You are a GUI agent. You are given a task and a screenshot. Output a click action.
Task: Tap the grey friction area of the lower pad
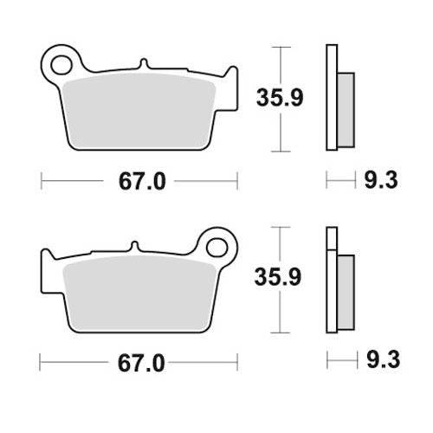coord(139,290)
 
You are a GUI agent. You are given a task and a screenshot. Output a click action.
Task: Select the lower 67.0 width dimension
coord(139,359)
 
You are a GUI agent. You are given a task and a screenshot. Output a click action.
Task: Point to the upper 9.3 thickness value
coord(378,180)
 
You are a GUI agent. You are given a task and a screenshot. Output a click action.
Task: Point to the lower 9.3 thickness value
coord(378,358)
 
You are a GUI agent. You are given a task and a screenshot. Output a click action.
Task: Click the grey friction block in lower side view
coord(345,291)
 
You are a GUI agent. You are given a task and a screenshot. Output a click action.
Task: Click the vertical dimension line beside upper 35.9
coord(280,95)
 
